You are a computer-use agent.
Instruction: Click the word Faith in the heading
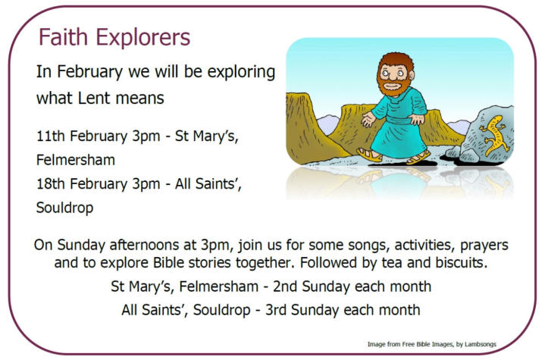pos(63,37)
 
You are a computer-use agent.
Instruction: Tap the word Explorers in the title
pos(143,38)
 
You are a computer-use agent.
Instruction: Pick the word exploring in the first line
pos(241,73)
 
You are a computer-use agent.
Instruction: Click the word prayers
pos(484,246)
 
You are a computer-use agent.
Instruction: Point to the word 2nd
pos(285,286)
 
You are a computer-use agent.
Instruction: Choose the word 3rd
pos(277,310)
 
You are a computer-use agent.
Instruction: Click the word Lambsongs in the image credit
pos(481,344)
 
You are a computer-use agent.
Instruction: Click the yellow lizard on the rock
pos(495,134)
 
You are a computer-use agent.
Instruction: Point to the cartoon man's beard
pos(393,87)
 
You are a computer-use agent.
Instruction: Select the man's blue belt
pos(400,120)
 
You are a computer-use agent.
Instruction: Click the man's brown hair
pos(396,61)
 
